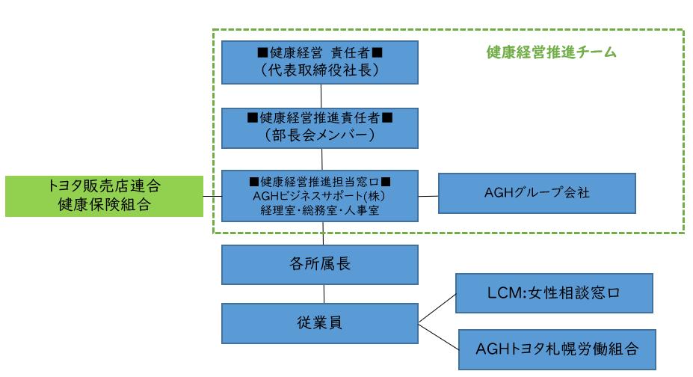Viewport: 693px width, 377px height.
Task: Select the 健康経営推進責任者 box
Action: point(320,127)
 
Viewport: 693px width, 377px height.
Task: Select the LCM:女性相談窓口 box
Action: point(554,292)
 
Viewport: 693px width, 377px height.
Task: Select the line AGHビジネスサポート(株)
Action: point(320,195)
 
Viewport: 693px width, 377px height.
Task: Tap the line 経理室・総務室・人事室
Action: point(320,209)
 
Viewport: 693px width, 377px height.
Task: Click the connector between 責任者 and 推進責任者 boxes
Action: point(321,95)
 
